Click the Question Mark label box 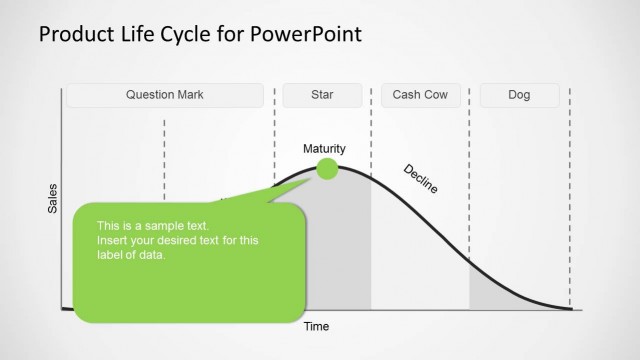(165, 96)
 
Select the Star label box (321, 96)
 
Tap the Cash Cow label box (420, 96)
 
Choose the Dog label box (519, 96)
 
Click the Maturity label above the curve (325, 149)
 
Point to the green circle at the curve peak (327, 169)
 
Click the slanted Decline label (420, 177)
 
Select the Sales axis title (53, 199)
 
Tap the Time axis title (316, 326)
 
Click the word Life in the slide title (134, 35)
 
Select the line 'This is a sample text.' (153, 226)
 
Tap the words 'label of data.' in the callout (131, 254)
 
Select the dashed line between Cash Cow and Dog (470, 200)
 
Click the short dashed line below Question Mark (164, 150)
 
